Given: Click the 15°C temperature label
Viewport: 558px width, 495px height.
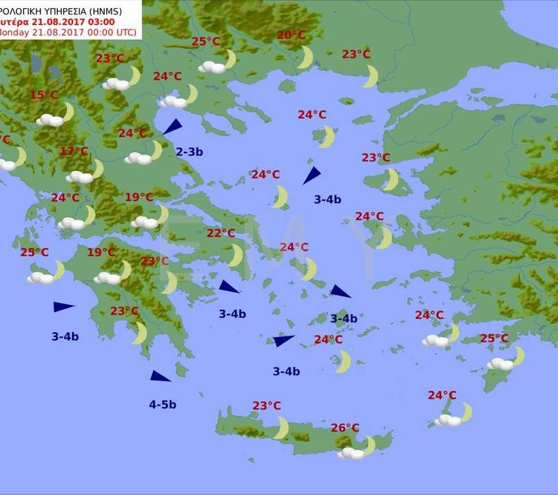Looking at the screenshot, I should (44, 95).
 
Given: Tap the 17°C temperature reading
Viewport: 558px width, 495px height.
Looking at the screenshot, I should (74, 151).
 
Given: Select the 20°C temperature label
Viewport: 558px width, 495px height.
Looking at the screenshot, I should (291, 35).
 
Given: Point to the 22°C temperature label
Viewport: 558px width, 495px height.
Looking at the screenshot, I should (221, 233).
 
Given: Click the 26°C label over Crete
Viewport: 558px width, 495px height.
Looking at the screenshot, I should (345, 428).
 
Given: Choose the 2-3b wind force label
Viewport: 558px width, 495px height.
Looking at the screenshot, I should (189, 152).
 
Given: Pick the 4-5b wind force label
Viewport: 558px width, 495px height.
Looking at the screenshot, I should (163, 404).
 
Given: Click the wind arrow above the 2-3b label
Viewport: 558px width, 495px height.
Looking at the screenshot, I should (173, 127).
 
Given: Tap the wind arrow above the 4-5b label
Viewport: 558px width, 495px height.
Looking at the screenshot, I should (161, 376).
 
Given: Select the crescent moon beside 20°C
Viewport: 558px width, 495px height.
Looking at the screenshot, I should (306, 57).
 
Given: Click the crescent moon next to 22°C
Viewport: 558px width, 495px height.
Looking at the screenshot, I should (235, 255).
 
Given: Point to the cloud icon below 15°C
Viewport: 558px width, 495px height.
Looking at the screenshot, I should (50, 120).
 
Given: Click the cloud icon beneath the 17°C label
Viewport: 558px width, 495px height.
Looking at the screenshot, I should (80, 176).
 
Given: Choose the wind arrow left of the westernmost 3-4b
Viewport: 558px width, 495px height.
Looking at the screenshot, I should (63, 307).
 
